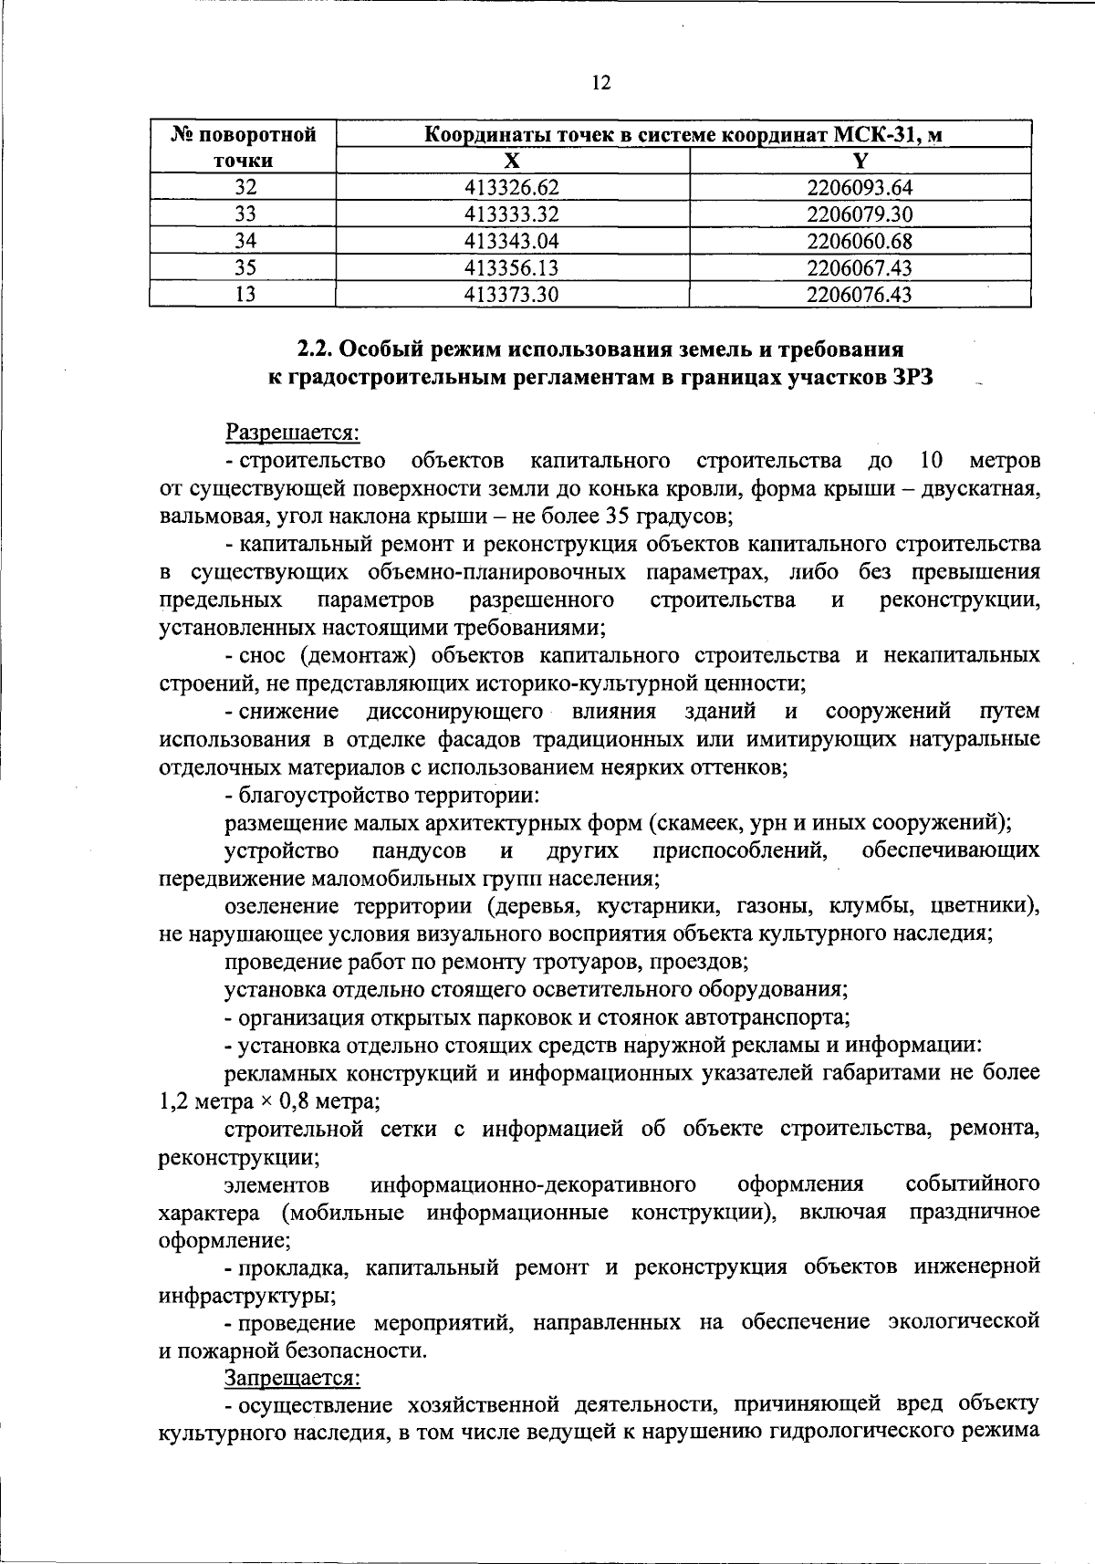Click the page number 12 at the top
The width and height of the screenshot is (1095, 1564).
click(x=600, y=83)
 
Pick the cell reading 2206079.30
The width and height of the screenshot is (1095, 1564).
click(x=860, y=214)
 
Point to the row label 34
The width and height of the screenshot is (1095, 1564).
click(x=245, y=241)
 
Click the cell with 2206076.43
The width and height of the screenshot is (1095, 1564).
click(x=860, y=294)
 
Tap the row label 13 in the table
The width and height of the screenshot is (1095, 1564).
click(x=245, y=294)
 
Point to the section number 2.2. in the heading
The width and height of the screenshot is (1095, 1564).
click(x=318, y=349)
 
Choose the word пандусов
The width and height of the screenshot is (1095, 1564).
click(x=420, y=851)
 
